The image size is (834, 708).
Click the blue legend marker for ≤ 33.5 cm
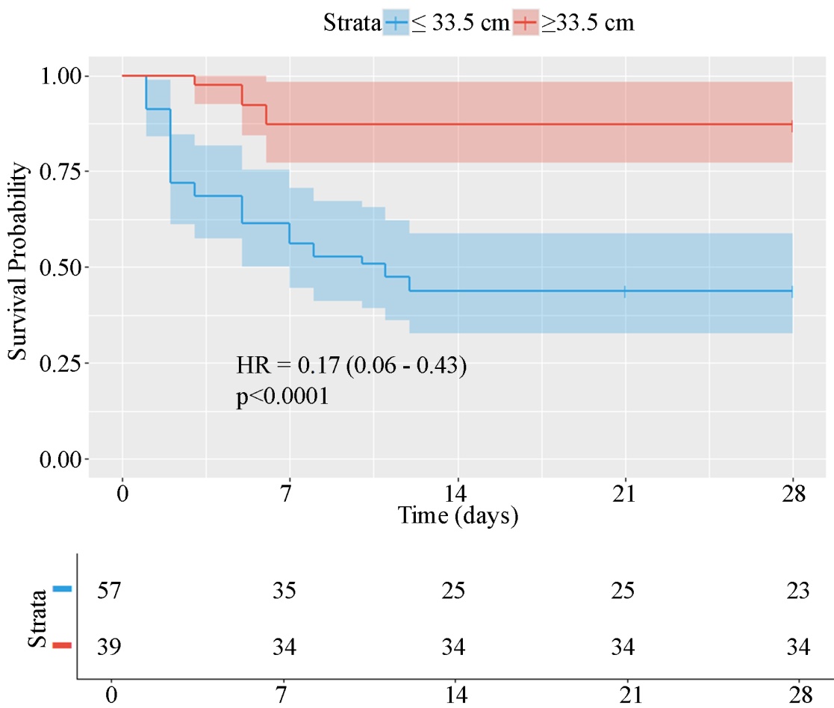pyautogui.click(x=395, y=23)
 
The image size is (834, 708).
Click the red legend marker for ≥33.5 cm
pyautogui.click(x=526, y=23)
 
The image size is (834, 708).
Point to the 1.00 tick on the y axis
pyautogui.click(x=62, y=76)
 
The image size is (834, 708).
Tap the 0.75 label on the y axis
pyautogui.click(x=62, y=172)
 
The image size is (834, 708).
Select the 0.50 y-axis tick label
pyautogui.click(x=62, y=267)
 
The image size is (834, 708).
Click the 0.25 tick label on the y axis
pyautogui.click(x=62, y=363)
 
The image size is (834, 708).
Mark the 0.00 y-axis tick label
pyautogui.click(x=62, y=459)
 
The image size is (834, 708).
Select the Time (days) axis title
pyautogui.click(x=457, y=515)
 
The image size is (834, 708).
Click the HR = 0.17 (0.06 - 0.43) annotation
pyautogui.click(x=352, y=366)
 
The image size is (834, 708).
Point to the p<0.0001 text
pyautogui.click(x=282, y=397)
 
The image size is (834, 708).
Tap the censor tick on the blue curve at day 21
pyautogui.click(x=624, y=291)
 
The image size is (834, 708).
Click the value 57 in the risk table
pyautogui.click(x=109, y=590)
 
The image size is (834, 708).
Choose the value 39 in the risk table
pyautogui.click(x=109, y=647)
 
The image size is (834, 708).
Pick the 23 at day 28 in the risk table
pyautogui.click(x=797, y=590)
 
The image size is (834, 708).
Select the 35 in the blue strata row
pyautogui.click(x=284, y=590)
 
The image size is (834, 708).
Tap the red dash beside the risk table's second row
pyautogui.click(x=63, y=646)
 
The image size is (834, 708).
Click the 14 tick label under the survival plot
pyautogui.click(x=457, y=494)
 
